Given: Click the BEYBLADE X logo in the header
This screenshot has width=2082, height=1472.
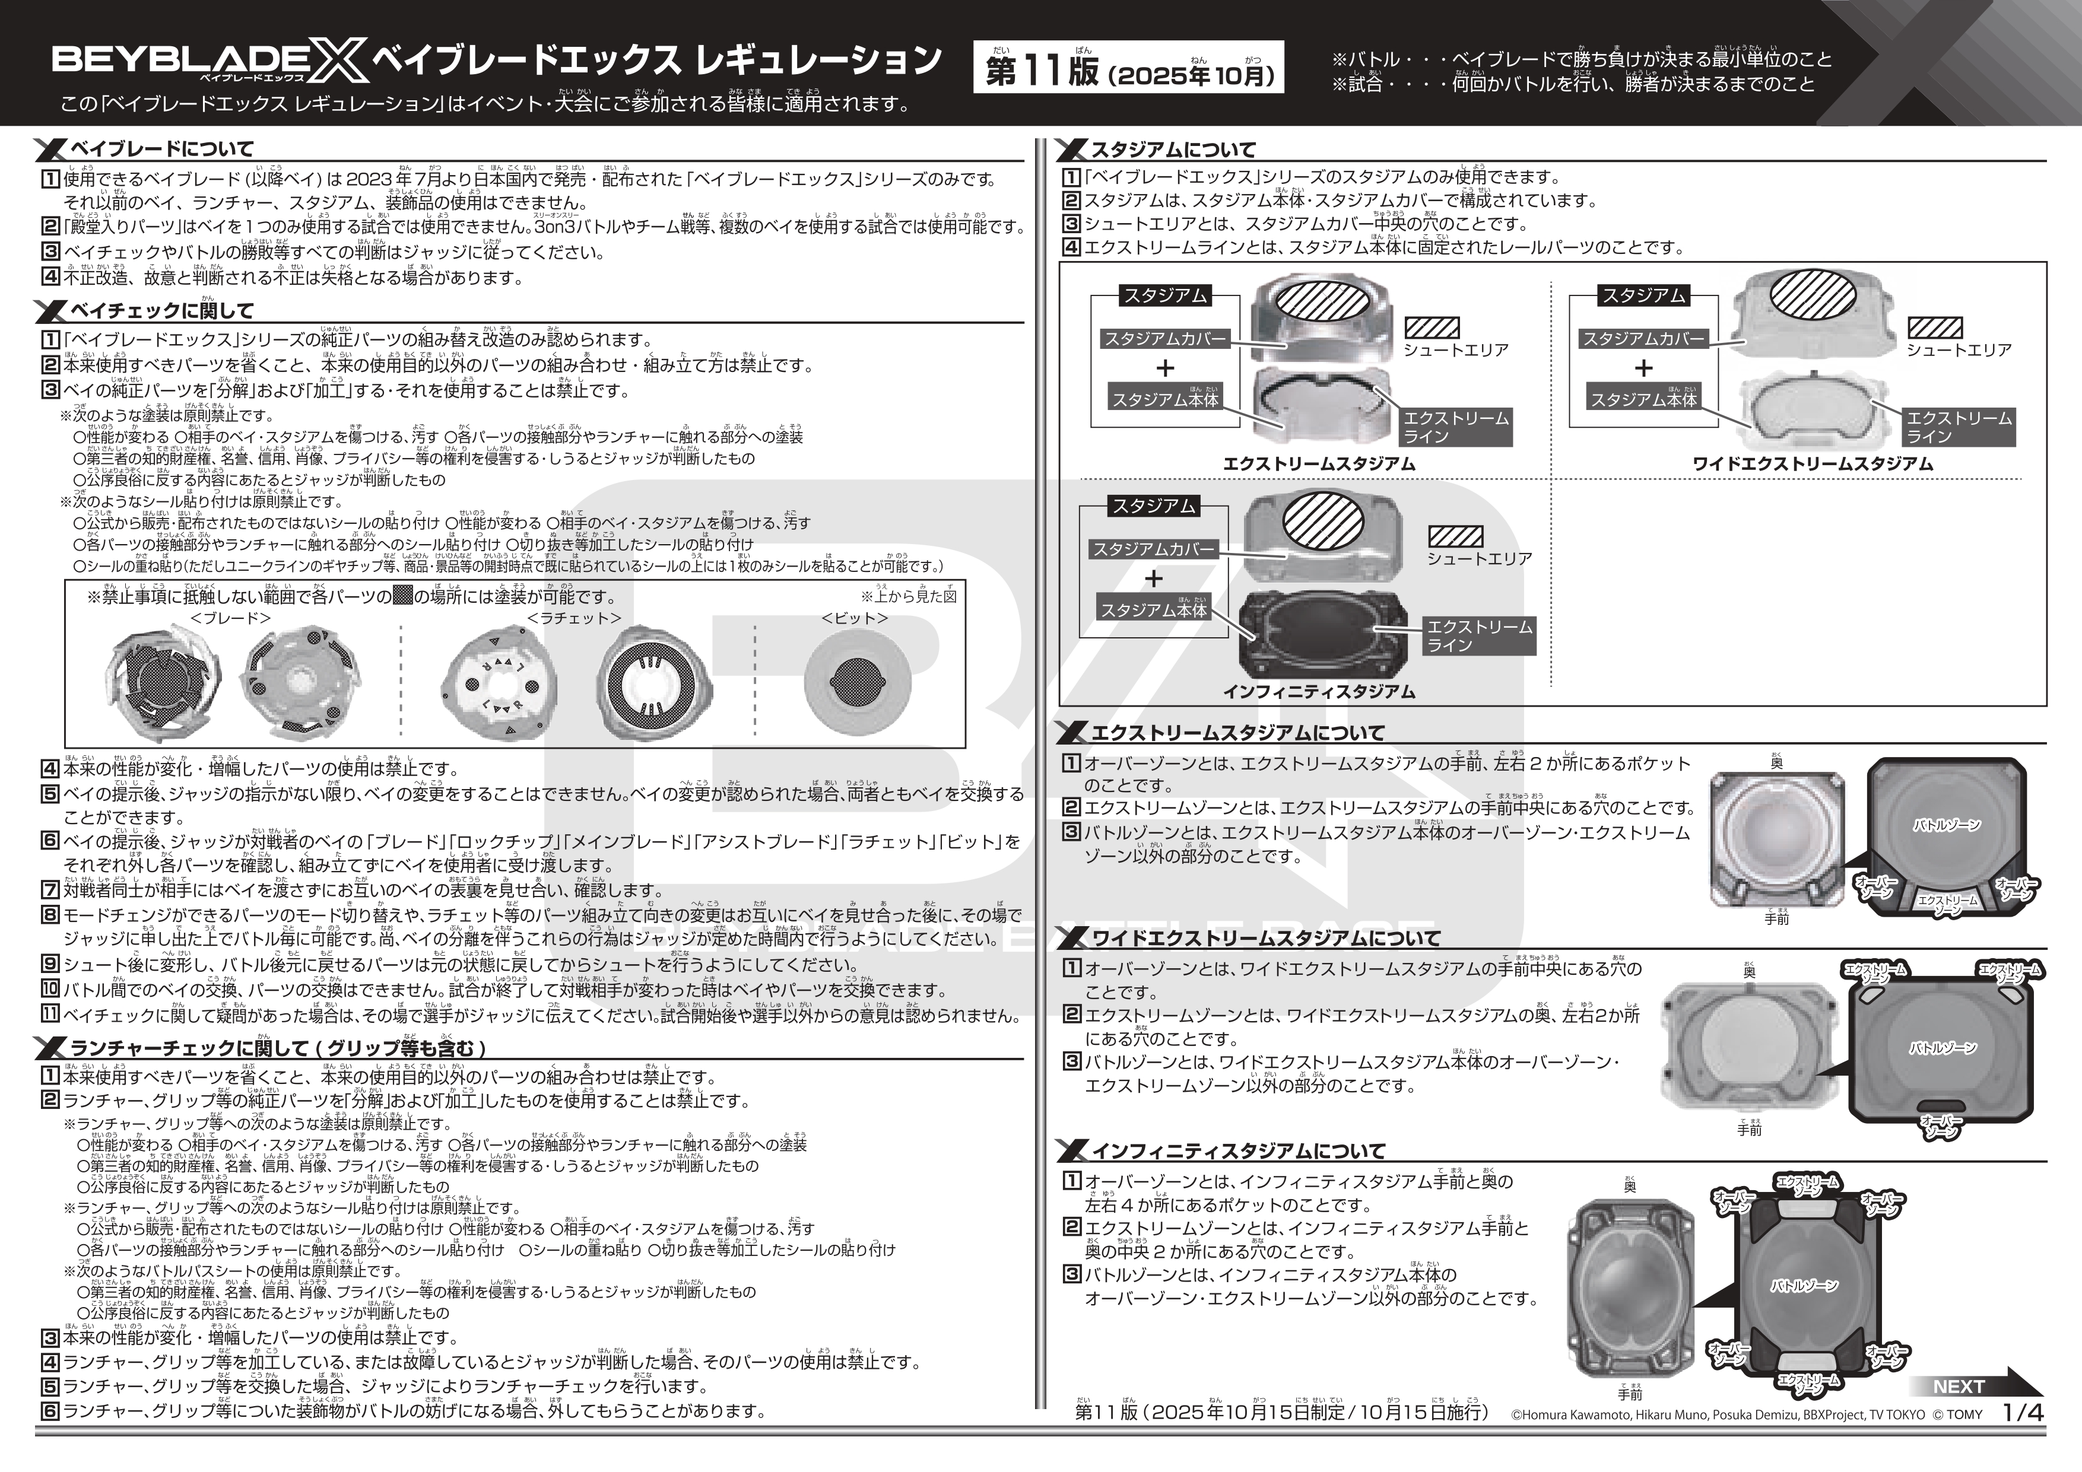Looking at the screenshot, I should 208,62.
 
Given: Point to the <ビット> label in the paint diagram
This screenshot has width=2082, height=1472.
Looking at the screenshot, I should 854,618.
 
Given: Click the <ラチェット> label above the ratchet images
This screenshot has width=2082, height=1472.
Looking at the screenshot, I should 574,618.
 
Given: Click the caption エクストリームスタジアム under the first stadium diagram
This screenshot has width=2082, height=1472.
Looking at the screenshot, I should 1319,464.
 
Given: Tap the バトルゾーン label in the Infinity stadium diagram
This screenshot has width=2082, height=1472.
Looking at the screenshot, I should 1804,1285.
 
